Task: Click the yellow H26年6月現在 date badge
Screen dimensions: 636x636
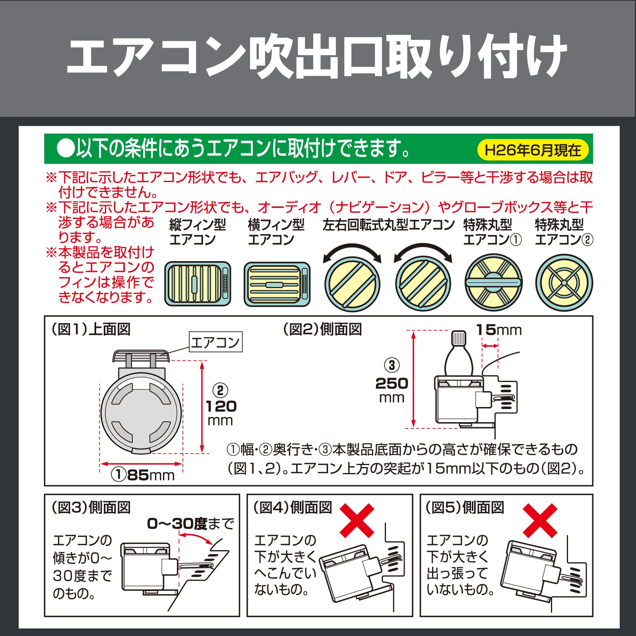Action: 533,150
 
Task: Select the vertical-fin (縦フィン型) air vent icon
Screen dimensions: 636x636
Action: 198,284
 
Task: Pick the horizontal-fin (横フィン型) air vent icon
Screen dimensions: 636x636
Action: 277,284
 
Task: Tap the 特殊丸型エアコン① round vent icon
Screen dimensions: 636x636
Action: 493,283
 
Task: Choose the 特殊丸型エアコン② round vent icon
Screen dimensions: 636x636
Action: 564,283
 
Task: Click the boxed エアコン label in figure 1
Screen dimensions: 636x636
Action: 215,342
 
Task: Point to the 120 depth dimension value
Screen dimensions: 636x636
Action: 221,406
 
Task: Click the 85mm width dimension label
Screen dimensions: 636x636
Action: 143,474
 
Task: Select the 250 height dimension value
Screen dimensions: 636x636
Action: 392,384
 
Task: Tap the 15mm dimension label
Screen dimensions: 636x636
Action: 499,330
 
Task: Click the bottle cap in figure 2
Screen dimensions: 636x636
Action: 458,338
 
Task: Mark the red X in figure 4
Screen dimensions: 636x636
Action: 357,521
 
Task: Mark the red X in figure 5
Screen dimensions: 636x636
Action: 540,521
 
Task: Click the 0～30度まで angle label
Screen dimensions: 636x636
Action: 190,524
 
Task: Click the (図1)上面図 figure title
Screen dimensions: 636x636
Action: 91,329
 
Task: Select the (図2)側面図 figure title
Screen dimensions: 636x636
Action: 322,329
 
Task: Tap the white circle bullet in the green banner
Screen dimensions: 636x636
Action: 66,149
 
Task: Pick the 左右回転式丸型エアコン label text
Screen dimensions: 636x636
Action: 388,225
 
